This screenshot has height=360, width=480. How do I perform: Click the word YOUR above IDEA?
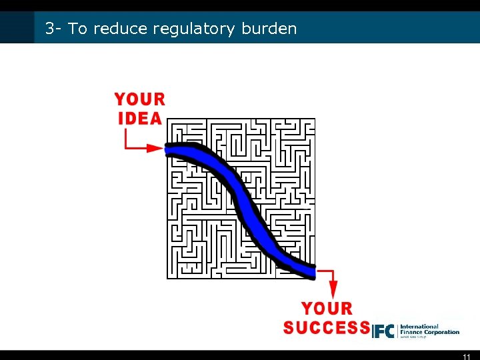pyautogui.click(x=140, y=100)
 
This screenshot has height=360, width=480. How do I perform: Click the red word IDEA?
pyautogui.click(x=140, y=119)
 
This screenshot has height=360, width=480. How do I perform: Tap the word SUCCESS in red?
pyautogui.click(x=326, y=328)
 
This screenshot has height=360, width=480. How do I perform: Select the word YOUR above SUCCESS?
pyautogui.click(x=327, y=309)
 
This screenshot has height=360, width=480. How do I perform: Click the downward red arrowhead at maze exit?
pyautogui.click(x=333, y=290)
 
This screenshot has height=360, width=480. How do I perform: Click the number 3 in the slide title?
pyautogui.click(x=49, y=29)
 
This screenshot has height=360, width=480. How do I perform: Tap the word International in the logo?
pyautogui.click(x=419, y=327)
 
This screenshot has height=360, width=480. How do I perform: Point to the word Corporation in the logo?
pyautogui.click(x=441, y=332)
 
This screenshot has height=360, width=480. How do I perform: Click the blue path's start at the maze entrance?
pyautogui.click(x=171, y=149)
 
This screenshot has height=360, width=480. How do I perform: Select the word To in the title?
pyautogui.click(x=77, y=29)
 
